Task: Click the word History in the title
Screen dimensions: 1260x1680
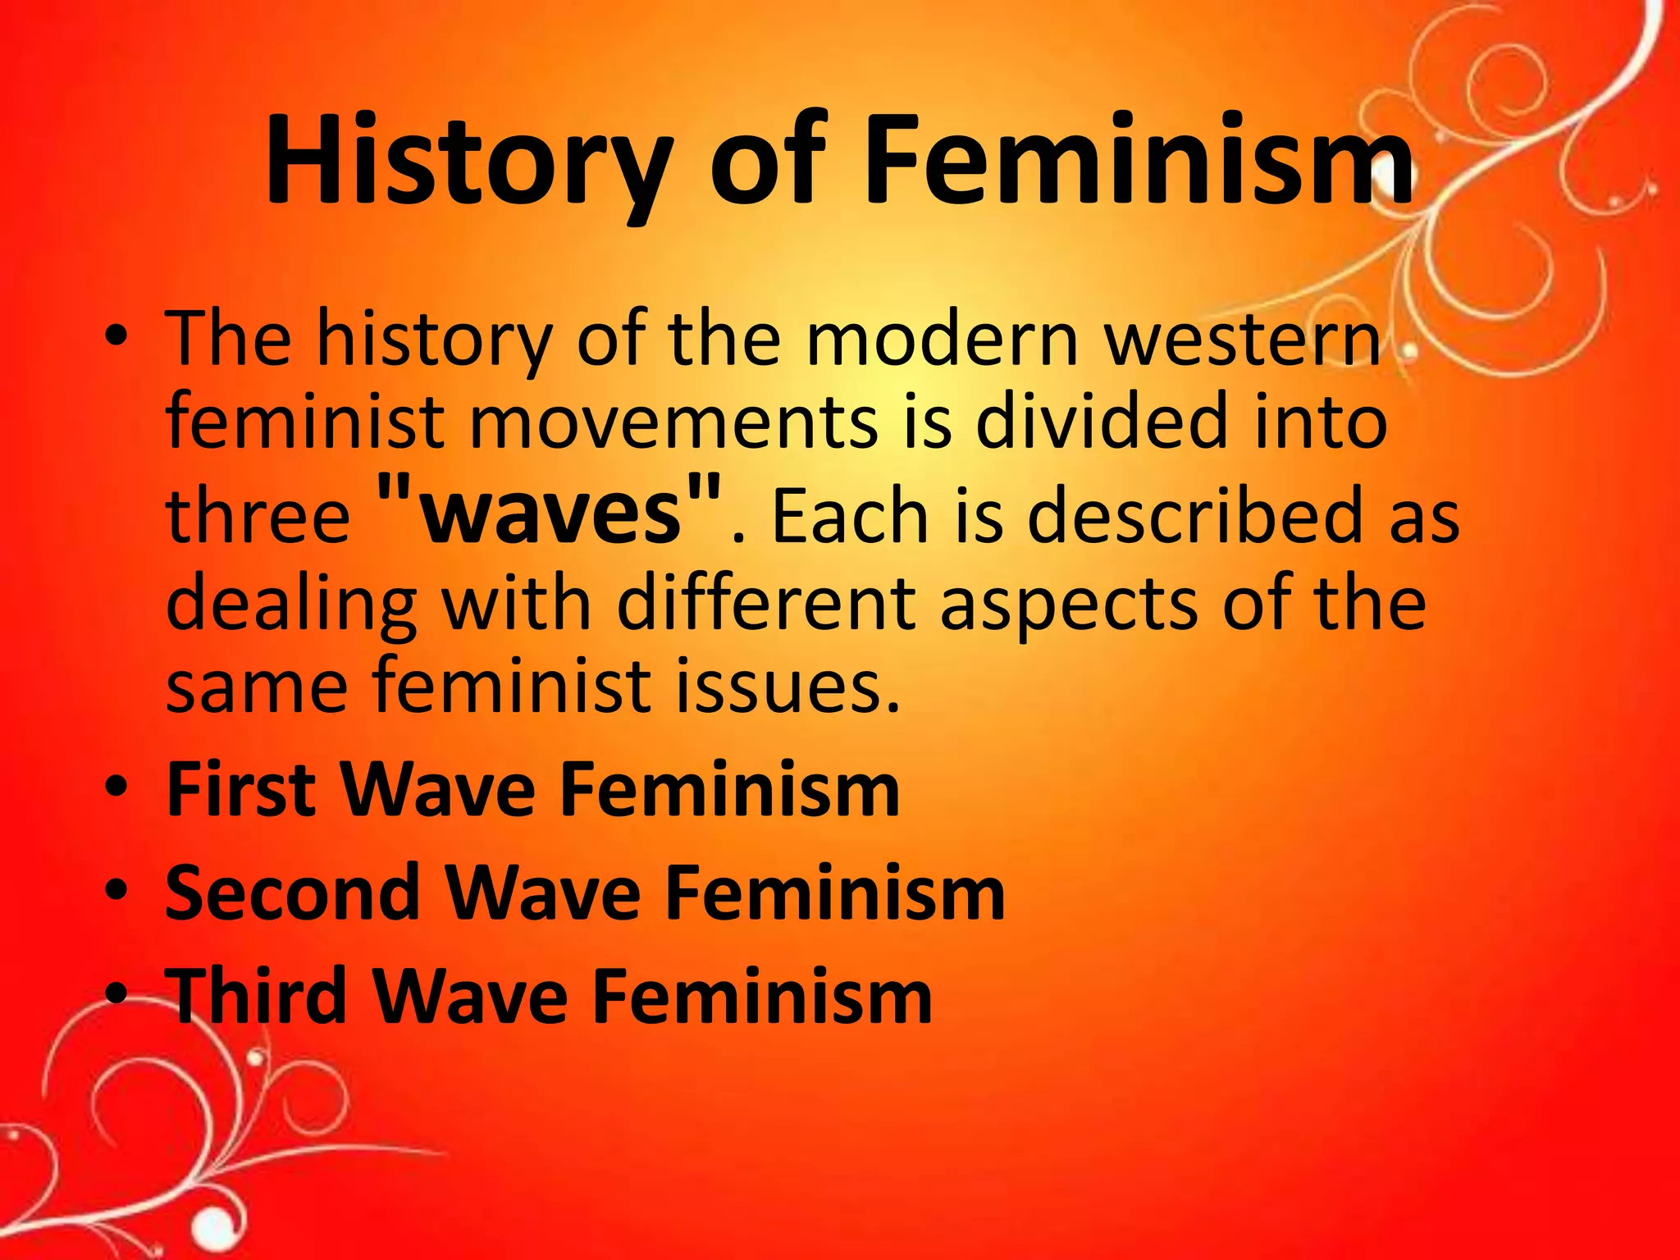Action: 468,160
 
